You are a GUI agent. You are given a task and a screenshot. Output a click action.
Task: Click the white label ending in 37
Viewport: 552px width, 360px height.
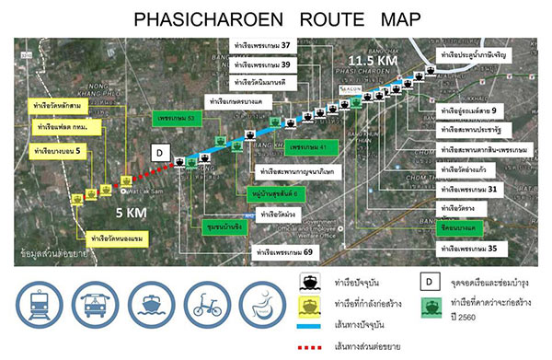pyautogui.click(x=261, y=45)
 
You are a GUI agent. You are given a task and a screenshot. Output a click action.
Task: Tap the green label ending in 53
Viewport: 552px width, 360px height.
pyautogui.click(x=180, y=119)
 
